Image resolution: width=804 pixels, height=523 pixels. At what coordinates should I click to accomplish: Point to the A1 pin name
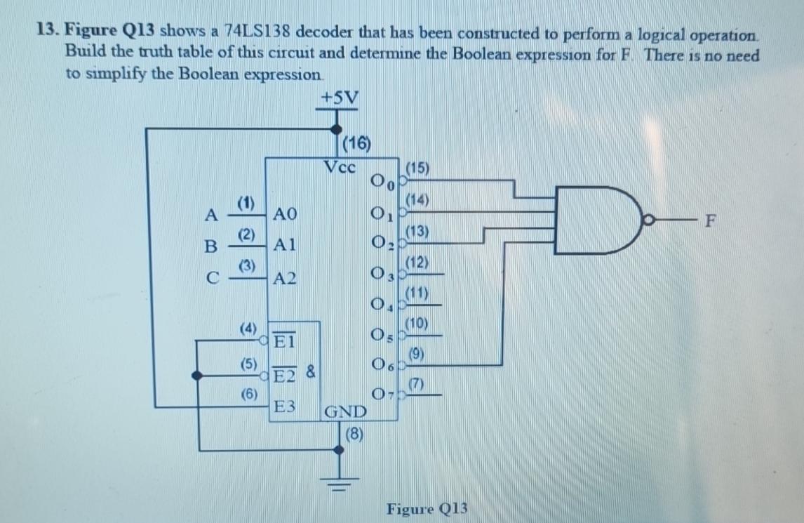pos(286,245)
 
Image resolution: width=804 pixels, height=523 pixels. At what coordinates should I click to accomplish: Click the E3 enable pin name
pos(285,406)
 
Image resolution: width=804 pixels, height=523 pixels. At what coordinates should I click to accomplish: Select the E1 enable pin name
pos(285,342)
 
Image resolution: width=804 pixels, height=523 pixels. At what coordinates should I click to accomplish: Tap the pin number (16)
pos(357,145)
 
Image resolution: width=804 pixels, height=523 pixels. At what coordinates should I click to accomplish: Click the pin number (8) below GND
pos(355,433)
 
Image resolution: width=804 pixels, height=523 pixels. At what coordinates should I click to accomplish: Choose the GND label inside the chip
pos(344,411)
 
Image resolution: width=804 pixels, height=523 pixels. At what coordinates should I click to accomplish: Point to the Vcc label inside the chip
pos(341,168)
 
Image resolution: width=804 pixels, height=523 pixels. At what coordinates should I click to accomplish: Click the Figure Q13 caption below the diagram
pos(427,508)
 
